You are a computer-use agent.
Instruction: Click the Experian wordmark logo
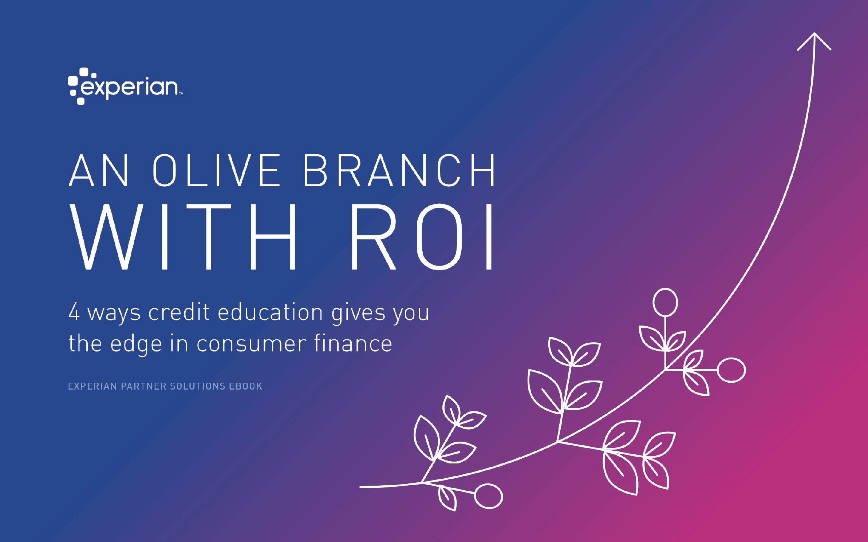(x=125, y=86)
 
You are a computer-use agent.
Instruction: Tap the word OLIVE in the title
(x=217, y=170)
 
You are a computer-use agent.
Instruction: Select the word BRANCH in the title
(x=399, y=170)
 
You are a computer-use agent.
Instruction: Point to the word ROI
(x=422, y=237)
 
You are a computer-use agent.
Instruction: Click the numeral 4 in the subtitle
(x=74, y=312)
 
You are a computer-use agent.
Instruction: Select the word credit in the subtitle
(x=179, y=312)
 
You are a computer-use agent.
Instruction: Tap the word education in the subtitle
(x=270, y=312)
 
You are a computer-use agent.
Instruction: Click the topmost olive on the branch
(x=665, y=302)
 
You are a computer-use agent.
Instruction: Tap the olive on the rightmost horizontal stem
(x=731, y=370)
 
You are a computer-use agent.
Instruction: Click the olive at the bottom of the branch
(x=489, y=496)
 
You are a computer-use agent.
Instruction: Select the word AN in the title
(x=99, y=170)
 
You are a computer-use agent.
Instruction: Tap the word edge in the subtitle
(x=136, y=344)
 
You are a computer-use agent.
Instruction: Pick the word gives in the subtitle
(x=358, y=313)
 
